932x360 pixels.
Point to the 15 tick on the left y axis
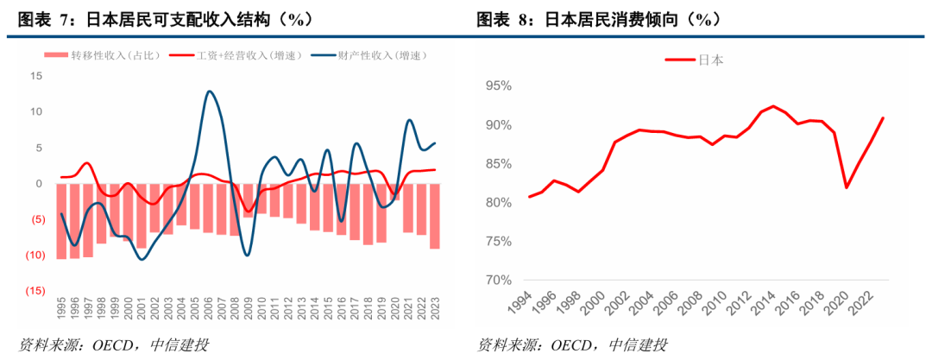36,76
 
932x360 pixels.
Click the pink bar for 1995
62,221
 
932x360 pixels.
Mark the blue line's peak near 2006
209,91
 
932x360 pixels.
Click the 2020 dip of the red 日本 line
847,187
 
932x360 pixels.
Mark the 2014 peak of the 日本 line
773,106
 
